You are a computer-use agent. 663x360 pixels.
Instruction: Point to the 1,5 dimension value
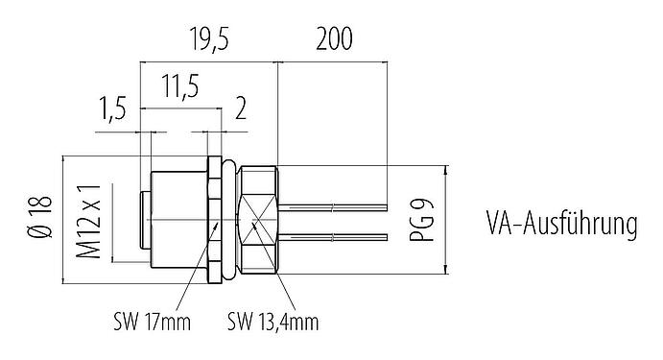tap(113, 110)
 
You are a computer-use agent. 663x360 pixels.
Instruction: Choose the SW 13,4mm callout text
tap(272, 319)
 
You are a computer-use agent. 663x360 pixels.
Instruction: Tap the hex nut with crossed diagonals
tap(259, 220)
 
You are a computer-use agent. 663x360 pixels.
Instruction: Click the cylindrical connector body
tap(178, 220)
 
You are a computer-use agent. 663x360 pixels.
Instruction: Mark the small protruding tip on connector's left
tap(145, 220)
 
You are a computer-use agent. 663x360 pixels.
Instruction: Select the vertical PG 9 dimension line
tap(446, 220)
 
